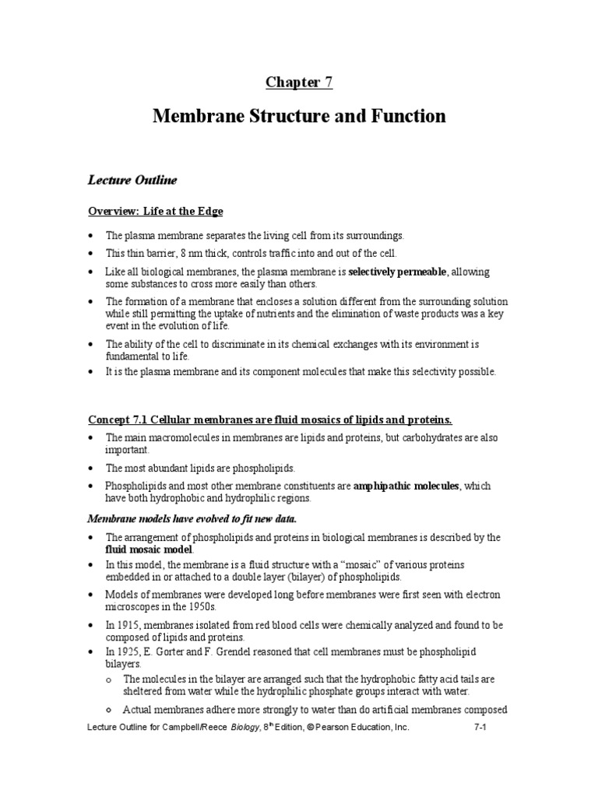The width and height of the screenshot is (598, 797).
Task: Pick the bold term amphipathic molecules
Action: point(406,486)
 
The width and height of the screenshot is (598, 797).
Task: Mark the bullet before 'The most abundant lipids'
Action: point(91,469)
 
